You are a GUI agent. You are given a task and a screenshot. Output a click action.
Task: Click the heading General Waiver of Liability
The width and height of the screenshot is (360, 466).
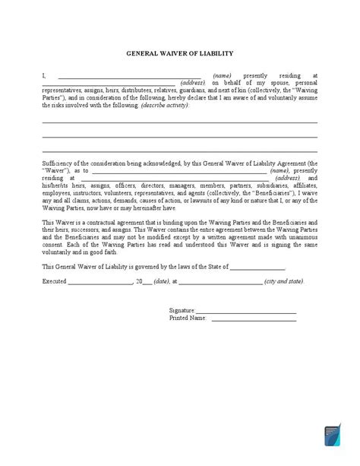(x=179, y=54)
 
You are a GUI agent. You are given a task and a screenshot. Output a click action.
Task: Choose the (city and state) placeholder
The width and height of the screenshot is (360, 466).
(x=285, y=281)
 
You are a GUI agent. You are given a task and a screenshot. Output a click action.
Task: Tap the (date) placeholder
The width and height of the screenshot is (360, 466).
(x=160, y=281)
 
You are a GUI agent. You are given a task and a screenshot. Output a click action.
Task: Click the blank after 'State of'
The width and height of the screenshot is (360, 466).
(x=257, y=267)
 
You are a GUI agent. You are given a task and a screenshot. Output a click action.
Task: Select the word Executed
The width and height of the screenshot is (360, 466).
(x=55, y=281)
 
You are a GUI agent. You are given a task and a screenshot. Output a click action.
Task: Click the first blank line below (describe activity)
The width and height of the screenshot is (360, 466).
(x=179, y=122)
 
